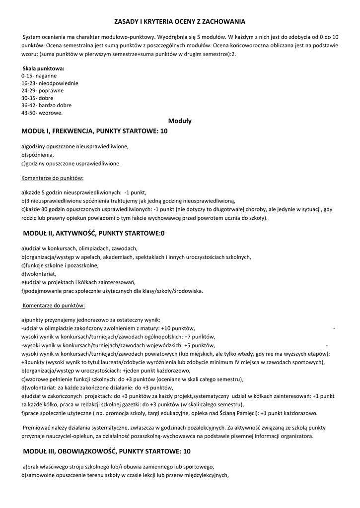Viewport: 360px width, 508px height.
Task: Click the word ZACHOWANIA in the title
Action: click(222, 22)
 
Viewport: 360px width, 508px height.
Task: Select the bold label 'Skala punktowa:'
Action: click(44, 68)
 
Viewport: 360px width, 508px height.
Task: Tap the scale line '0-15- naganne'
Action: click(39, 76)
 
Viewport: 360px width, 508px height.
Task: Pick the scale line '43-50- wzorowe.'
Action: click(42, 113)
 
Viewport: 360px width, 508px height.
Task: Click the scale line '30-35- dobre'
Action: click(37, 98)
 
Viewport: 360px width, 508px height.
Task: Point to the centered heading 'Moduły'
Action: click(180, 121)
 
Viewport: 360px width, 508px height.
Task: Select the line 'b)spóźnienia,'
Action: click(38, 155)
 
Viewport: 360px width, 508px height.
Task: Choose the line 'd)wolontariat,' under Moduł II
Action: click(39, 273)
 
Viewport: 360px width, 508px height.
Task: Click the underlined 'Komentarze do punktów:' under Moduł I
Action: click(53, 177)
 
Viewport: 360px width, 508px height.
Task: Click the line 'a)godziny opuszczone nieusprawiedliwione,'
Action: click(75, 146)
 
